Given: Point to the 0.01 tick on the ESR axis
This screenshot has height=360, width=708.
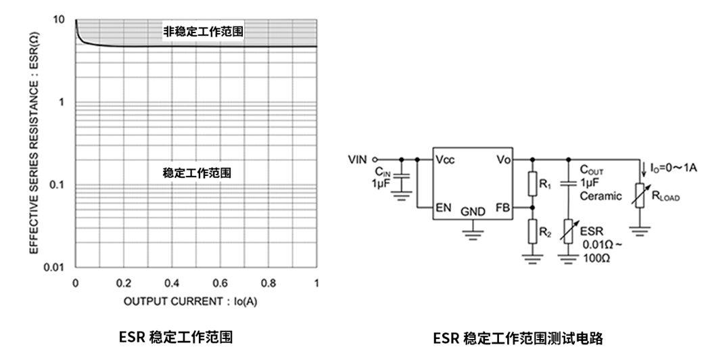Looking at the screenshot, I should click(x=55, y=267).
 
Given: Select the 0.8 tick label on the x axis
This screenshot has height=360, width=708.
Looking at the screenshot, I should click(x=268, y=282).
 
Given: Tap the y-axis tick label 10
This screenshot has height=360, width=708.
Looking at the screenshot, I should click(x=59, y=20).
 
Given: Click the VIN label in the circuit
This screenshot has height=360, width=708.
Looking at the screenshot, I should click(x=357, y=160).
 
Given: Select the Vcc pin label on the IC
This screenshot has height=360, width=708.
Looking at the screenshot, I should click(x=445, y=160).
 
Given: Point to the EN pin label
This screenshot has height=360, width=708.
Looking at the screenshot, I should click(x=444, y=208).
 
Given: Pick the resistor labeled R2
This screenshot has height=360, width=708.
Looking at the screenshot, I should click(x=534, y=231).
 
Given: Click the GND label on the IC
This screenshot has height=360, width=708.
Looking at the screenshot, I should click(x=473, y=212).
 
